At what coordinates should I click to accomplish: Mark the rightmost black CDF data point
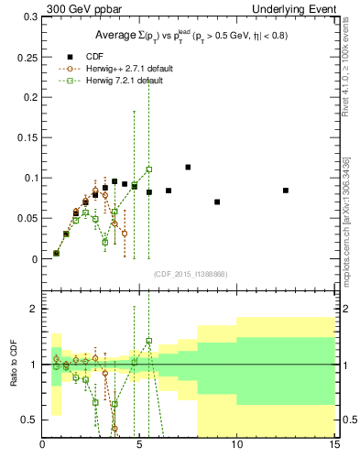click(x=286, y=191)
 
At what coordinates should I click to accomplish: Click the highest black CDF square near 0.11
click(x=188, y=168)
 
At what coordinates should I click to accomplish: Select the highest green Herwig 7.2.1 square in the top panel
click(x=149, y=169)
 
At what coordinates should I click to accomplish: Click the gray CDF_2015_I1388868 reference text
click(x=189, y=274)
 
